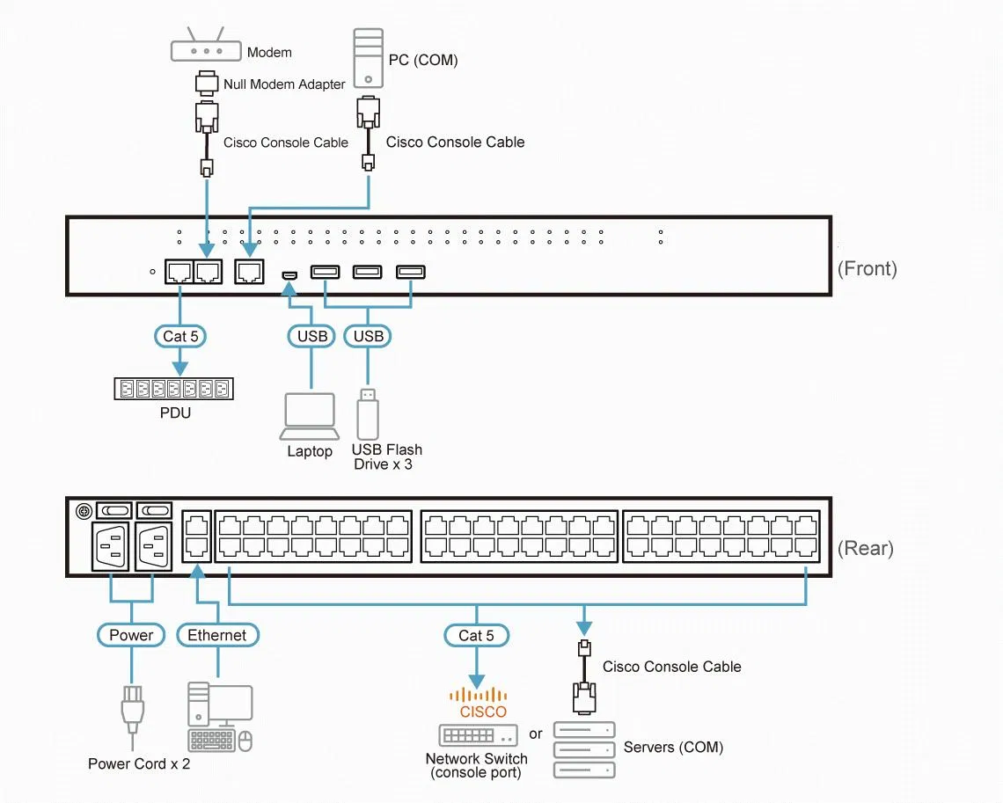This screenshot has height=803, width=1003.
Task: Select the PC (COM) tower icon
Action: (369, 58)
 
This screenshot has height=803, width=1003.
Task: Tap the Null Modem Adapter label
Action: (284, 84)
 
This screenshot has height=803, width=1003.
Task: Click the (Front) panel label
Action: (868, 268)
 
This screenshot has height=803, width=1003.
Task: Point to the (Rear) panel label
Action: (866, 548)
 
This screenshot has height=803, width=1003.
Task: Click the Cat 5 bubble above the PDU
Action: (180, 336)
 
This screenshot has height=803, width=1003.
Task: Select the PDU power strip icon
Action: (174, 389)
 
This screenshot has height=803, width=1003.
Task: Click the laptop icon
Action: (310, 416)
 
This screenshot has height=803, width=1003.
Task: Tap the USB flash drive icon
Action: (368, 413)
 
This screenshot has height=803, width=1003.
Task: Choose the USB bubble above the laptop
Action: (311, 336)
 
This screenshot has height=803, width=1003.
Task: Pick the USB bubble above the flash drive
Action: (368, 336)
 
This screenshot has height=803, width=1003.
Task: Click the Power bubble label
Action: (131, 635)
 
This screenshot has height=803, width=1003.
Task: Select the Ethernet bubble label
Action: (217, 635)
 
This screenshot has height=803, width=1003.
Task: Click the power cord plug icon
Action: (132, 710)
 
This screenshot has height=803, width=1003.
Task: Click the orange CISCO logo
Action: (479, 703)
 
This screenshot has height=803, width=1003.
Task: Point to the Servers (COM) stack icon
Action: (584, 750)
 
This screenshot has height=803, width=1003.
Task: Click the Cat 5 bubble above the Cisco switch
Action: (477, 636)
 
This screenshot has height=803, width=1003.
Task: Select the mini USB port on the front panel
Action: (289, 275)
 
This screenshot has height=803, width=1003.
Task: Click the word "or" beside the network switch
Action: (536, 734)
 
